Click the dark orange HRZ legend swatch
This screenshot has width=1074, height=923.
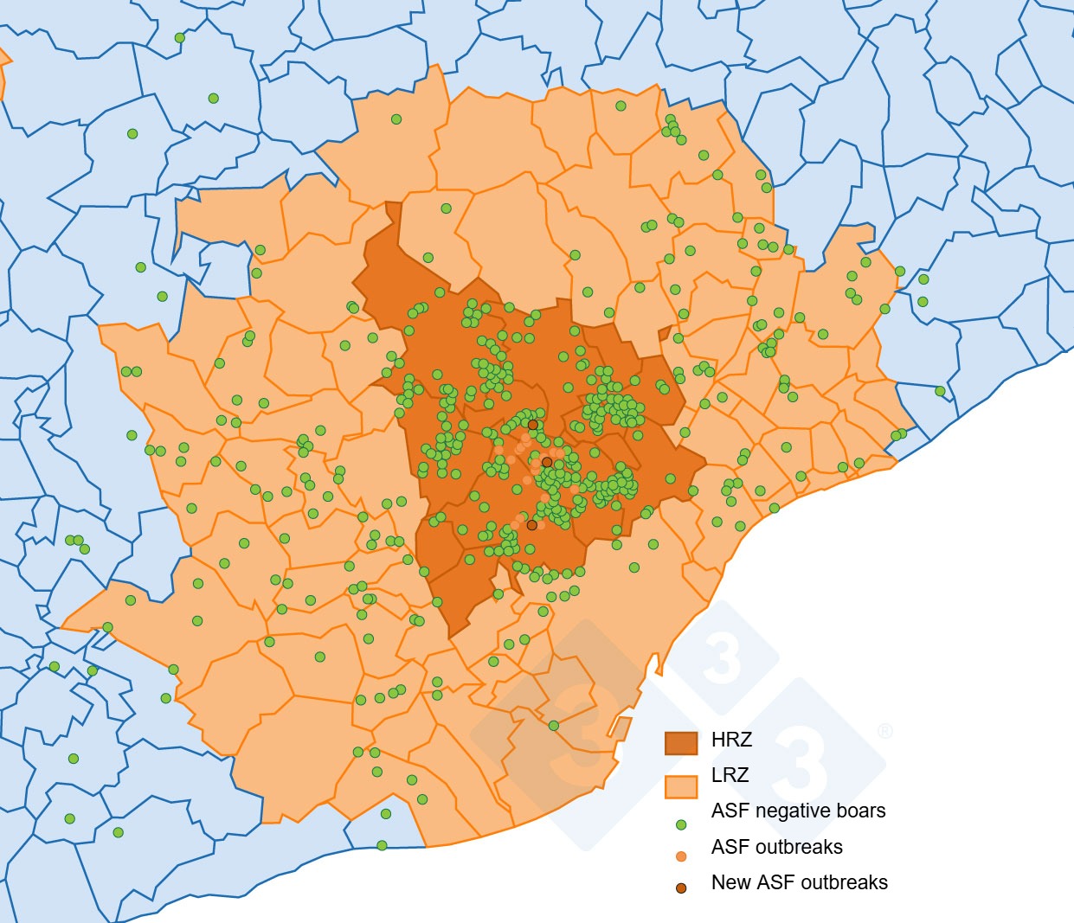[x=680, y=742]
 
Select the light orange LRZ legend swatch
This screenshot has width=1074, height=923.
[x=680, y=785]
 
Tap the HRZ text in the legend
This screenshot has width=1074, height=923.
[x=731, y=740]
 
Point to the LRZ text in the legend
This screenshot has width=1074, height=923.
[x=730, y=775]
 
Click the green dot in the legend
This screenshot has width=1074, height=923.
[x=681, y=824]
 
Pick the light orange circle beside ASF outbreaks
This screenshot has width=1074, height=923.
[x=681, y=856]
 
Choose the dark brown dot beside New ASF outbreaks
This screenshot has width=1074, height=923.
[x=681, y=888]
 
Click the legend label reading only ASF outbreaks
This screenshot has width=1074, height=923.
[x=776, y=847]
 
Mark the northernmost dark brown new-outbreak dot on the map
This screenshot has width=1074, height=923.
[x=533, y=425]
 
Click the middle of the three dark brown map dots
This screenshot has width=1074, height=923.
[x=547, y=463]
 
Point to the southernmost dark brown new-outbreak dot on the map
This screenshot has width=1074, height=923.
[x=531, y=525]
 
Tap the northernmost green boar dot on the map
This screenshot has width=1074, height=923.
[x=180, y=38]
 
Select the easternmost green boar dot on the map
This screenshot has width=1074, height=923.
[x=941, y=392]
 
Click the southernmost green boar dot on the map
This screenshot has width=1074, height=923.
[x=382, y=845]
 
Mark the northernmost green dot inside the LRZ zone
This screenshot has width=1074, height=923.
[x=621, y=106]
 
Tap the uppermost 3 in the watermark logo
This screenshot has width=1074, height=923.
[x=722, y=659]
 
